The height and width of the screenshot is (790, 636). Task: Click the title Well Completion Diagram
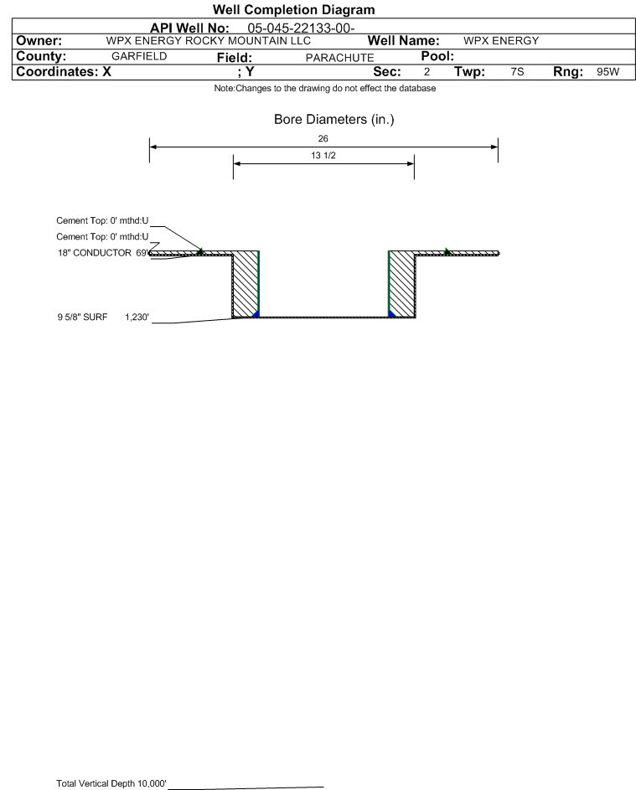(x=294, y=9)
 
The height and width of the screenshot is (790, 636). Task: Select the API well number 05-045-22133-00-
(x=301, y=28)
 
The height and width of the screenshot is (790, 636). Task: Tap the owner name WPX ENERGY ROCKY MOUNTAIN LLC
(x=208, y=41)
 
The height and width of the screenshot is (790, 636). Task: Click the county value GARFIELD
(x=139, y=56)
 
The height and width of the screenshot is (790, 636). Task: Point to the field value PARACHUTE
(x=339, y=58)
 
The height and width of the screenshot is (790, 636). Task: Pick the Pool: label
(x=437, y=56)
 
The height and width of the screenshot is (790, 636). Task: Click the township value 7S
(x=517, y=71)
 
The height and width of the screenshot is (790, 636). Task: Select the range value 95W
(x=608, y=71)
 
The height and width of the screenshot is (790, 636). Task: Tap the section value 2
(x=427, y=71)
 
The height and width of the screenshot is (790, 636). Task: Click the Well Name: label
(x=403, y=41)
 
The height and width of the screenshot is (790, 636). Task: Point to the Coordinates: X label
(x=64, y=71)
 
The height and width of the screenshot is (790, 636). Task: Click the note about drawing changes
(x=325, y=88)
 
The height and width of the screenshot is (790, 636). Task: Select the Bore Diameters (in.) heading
(x=334, y=120)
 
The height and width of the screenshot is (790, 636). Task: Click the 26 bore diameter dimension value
(x=323, y=138)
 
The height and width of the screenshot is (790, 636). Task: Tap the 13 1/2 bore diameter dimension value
(x=323, y=155)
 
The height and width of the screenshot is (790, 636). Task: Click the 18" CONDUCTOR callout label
(x=94, y=253)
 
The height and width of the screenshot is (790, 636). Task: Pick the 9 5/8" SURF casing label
(x=82, y=317)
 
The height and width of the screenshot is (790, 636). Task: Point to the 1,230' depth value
(x=137, y=317)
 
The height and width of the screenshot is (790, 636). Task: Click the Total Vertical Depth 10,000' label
(x=111, y=783)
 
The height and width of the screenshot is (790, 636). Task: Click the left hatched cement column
(x=246, y=284)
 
